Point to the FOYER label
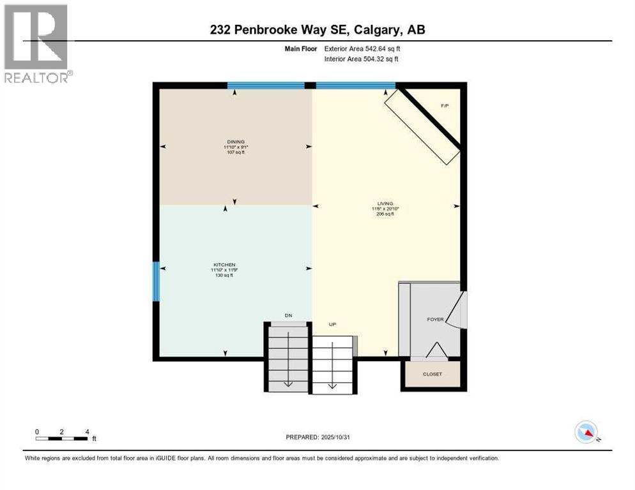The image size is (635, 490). (x=436, y=320)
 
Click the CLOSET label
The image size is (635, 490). (x=432, y=374)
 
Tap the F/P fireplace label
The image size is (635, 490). (x=445, y=105)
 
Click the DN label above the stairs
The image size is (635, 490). (x=288, y=315)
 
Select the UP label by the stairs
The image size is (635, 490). (x=332, y=325)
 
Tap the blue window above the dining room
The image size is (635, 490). (x=266, y=85)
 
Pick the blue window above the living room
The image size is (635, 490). (x=355, y=85)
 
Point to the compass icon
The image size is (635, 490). (x=586, y=433)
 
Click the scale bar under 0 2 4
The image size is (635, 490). (x=62, y=438)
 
